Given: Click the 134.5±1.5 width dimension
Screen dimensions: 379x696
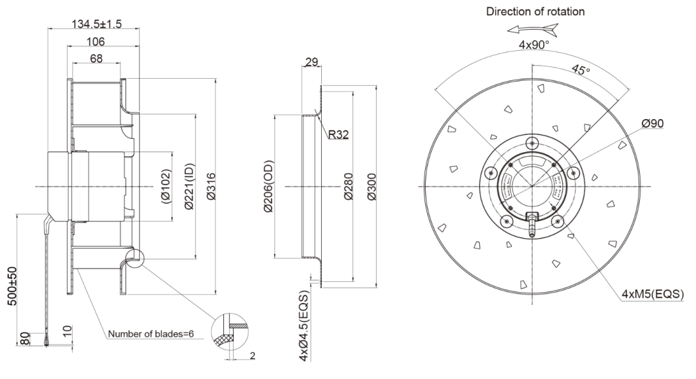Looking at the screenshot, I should pos(96,24).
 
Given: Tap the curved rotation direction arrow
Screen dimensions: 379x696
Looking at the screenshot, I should pos(529,30).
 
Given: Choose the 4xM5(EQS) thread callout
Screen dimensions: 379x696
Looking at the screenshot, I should pos(652,294).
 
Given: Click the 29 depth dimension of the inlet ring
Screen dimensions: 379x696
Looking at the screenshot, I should pos(311,63).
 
